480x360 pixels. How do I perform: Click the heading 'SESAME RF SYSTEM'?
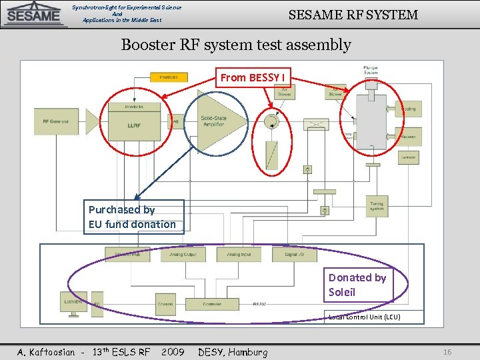point(353,15)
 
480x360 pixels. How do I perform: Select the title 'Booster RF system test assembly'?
point(235,45)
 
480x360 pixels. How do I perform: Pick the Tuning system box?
point(377,206)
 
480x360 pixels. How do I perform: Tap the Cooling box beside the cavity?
point(409,109)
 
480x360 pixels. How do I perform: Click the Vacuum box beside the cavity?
point(409,137)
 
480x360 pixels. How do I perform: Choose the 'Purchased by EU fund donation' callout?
point(133,217)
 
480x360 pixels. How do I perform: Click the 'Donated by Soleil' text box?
point(358,285)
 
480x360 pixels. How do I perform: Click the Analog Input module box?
point(238,254)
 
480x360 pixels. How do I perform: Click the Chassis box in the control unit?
point(165,304)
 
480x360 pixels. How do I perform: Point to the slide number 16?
point(447,351)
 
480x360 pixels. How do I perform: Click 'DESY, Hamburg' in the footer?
point(233,351)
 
